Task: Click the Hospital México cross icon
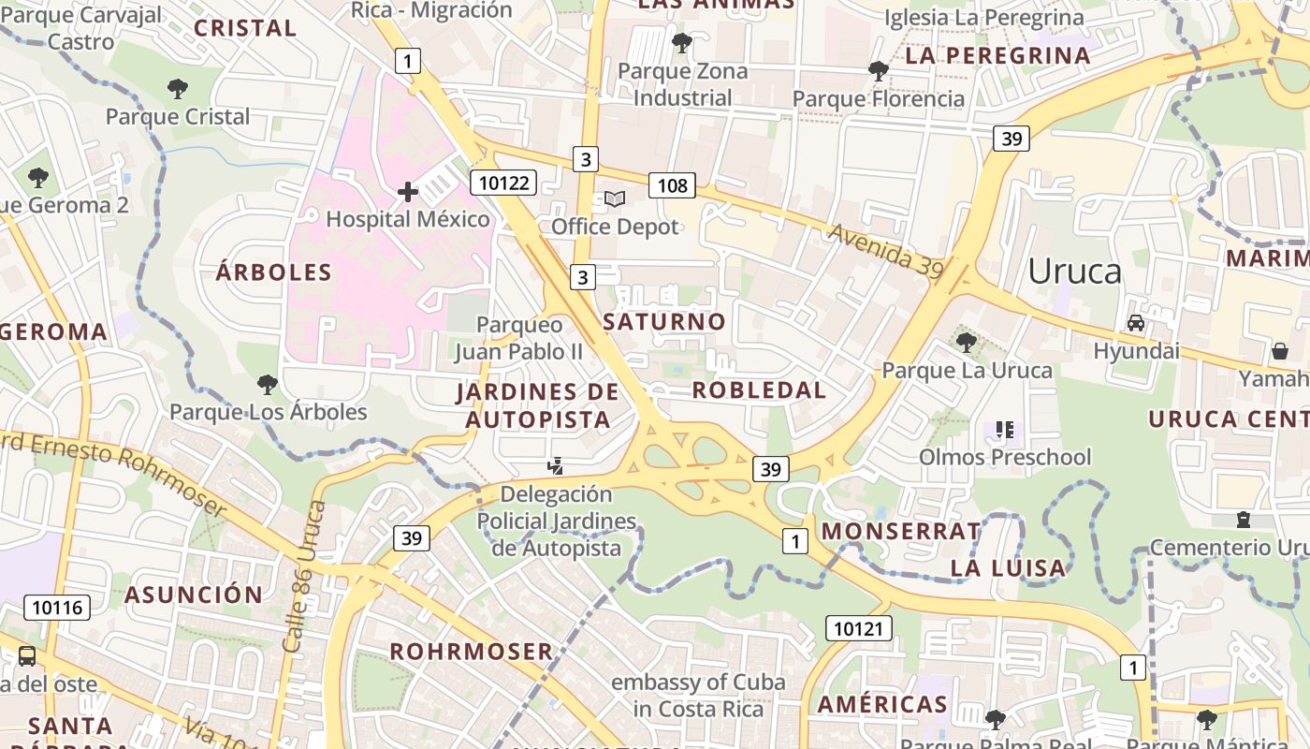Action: tap(408, 192)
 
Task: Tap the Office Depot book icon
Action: tap(615, 198)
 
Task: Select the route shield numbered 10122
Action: tap(503, 183)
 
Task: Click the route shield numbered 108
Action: tap(672, 185)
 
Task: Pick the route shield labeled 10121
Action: tap(858, 628)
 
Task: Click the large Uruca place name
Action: tap(1074, 271)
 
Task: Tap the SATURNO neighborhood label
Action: tap(664, 322)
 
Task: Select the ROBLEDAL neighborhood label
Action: tap(759, 390)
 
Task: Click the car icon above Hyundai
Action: tap(1136, 323)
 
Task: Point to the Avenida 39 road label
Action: tap(885, 250)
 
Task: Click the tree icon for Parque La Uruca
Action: tap(967, 342)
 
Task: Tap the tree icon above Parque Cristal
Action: tap(178, 89)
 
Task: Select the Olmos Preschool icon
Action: tap(1005, 430)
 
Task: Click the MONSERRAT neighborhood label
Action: tap(901, 532)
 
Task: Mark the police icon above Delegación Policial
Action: tap(556, 465)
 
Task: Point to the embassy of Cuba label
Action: tap(698, 695)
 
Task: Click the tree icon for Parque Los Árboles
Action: tap(268, 384)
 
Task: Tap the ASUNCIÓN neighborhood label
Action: tap(194, 595)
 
